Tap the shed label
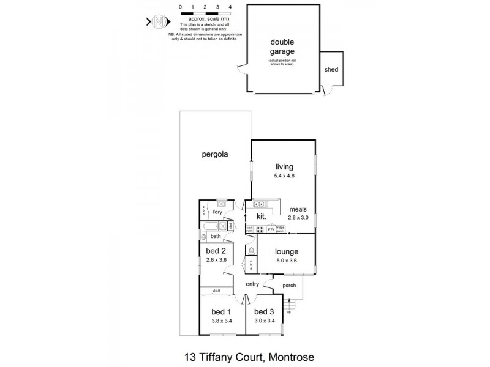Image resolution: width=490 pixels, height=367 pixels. pyautogui.click(x=331, y=69)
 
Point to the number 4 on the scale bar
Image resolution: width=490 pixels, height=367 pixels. pyautogui.click(x=230, y=6)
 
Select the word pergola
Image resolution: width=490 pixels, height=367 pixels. pyautogui.click(x=215, y=155)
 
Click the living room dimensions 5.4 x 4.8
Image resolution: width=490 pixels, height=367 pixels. pyautogui.click(x=284, y=176)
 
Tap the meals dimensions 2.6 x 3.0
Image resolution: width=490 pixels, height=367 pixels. pyautogui.click(x=298, y=217)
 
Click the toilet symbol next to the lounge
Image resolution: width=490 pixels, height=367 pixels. pyautogui.click(x=251, y=250)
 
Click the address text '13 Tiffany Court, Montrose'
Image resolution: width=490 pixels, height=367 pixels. pyautogui.click(x=245, y=355)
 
